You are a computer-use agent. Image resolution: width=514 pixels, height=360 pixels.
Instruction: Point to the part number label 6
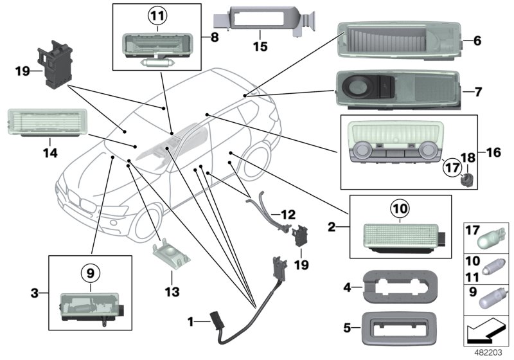coord(477,40)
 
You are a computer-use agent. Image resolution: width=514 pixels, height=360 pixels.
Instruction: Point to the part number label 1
coord(190,320)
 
